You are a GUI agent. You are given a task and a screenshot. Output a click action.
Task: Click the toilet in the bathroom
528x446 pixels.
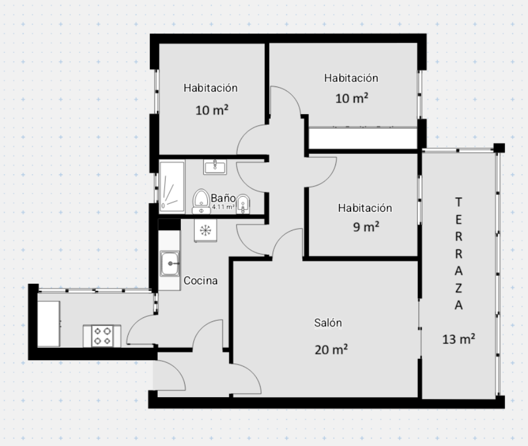pyautogui.click(x=201, y=202)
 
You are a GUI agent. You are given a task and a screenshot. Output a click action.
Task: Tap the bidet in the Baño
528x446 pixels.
pyautogui.click(x=243, y=204)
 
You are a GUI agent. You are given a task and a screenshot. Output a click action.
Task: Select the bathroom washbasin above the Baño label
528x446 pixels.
pyautogui.click(x=215, y=167)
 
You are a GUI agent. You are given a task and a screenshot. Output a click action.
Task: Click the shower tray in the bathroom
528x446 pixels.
pyautogui.click(x=172, y=187)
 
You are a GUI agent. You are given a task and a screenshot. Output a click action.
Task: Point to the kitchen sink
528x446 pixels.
pyautogui.click(x=170, y=263)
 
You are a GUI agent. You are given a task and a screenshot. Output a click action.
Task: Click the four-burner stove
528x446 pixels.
pyautogui.click(x=102, y=336)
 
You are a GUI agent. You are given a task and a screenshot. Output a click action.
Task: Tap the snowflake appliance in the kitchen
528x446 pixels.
pyautogui.click(x=205, y=230)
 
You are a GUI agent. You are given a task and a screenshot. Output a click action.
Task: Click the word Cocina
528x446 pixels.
pyautogui.click(x=201, y=281)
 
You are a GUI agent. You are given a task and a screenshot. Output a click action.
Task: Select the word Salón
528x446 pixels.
pyautogui.click(x=328, y=323)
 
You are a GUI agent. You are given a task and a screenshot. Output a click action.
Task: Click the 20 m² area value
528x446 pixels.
pyautogui.click(x=331, y=349)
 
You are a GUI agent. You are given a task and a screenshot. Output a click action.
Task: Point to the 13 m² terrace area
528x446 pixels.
pyautogui.click(x=459, y=339)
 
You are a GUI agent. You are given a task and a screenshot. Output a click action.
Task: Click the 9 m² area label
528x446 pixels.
pyautogui.click(x=366, y=227)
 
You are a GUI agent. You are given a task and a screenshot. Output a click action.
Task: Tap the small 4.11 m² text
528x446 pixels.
pyautogui.click(x=223, y=207)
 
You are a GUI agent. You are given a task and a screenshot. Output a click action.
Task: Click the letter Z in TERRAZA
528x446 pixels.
pyautogui.click(x=459, y=288)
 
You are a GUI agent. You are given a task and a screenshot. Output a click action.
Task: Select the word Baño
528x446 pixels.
pyautogui.click(x=223, y=198)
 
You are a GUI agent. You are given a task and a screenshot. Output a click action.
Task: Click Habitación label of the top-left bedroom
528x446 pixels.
pyautogui.click(x=211, y=88)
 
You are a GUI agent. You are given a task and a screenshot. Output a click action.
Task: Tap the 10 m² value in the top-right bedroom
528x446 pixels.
pyautogui.click(x=352, y=98)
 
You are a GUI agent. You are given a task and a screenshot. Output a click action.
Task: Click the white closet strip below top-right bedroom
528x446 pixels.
pyautogui.click(x=363, y=138)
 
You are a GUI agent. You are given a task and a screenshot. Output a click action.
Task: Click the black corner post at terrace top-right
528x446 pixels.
pyautogui.click(x=499, y=148)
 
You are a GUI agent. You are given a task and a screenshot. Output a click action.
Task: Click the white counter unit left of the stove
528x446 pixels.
pyautogui.click(x=48, y=324)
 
